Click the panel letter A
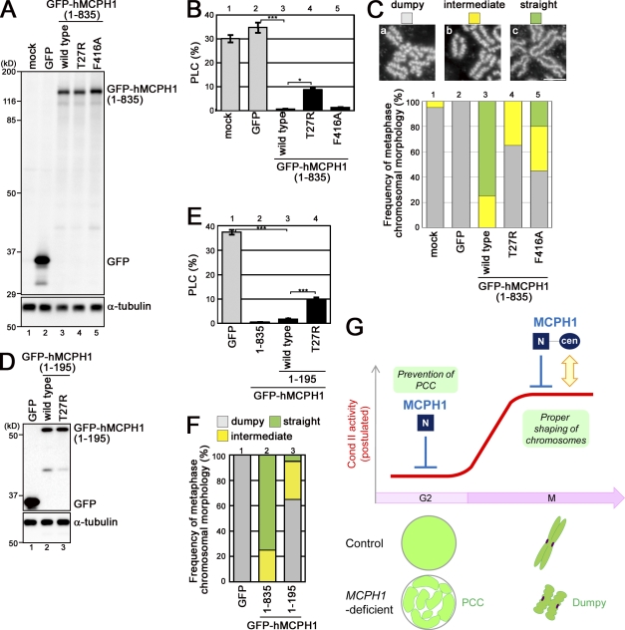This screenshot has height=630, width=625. (x=10, y=9)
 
